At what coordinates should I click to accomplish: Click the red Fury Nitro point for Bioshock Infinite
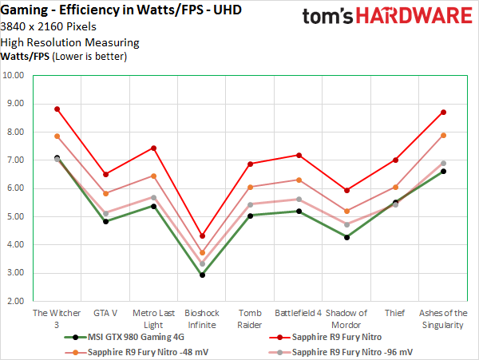(x=202, y=235)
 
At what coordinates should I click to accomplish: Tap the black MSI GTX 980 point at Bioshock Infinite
(x=202, y=275)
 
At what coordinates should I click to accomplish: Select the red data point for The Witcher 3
(x=57, y=109)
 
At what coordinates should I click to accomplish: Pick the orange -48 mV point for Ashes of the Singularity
(x=443, y=136)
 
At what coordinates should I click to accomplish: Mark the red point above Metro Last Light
(x=153, y=148)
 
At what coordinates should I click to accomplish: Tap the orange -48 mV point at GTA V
(x=105, y=193)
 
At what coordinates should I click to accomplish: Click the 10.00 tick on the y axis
(x=15, y=76)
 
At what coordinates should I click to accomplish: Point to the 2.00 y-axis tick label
(x=15, y=301)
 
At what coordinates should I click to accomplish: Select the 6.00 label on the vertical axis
(x=15, y=188)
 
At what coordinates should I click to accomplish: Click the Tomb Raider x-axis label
(x=250, y=318)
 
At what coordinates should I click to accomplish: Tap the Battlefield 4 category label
(x=298, y=313)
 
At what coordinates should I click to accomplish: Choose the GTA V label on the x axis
(x=105, y=313)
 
